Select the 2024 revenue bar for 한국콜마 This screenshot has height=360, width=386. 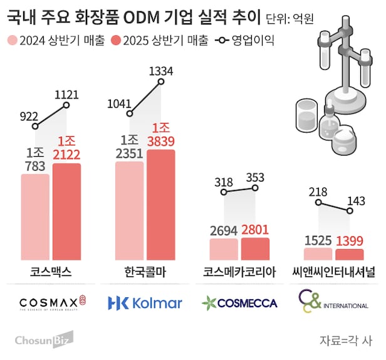pos(130,210)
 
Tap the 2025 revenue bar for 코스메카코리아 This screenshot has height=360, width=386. pos(254,248)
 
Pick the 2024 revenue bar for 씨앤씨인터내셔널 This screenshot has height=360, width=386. pos(318,253)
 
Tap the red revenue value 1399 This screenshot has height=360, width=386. pos(349,240)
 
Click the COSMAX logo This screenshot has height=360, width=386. pos(51,303)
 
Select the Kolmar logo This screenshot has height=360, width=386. pos(145,303)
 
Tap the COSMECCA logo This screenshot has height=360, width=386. pos(239,303)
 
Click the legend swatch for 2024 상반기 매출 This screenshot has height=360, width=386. pos(12,41)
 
